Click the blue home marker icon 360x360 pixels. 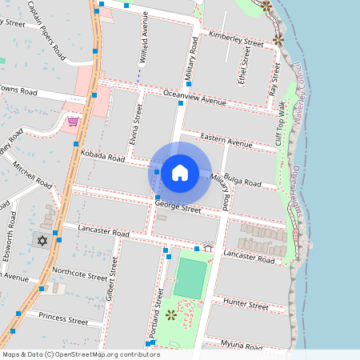pyautogui.click(x=180, y=172)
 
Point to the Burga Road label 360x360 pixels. pyautogui.click(x=243, y=182)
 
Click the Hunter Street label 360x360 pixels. pyautogui.click(x=246, y=305)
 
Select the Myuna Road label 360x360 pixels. pyautogui.click(x=241, y=346)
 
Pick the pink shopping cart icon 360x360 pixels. pyautogui.click(x=73, y=122)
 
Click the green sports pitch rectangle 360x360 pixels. pyautogui.click(x=190, y=278)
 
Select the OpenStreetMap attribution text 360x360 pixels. pyautogui.click(x=70, y=354)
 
